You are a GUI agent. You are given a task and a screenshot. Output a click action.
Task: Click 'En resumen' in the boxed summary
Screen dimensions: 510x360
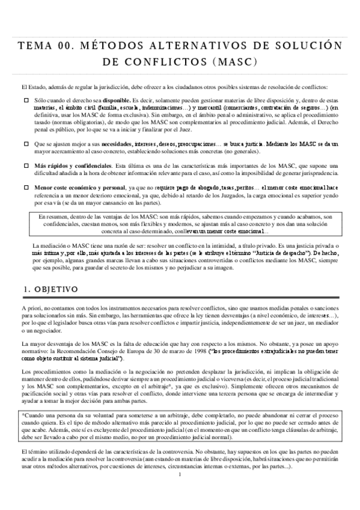tap(52, 217)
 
